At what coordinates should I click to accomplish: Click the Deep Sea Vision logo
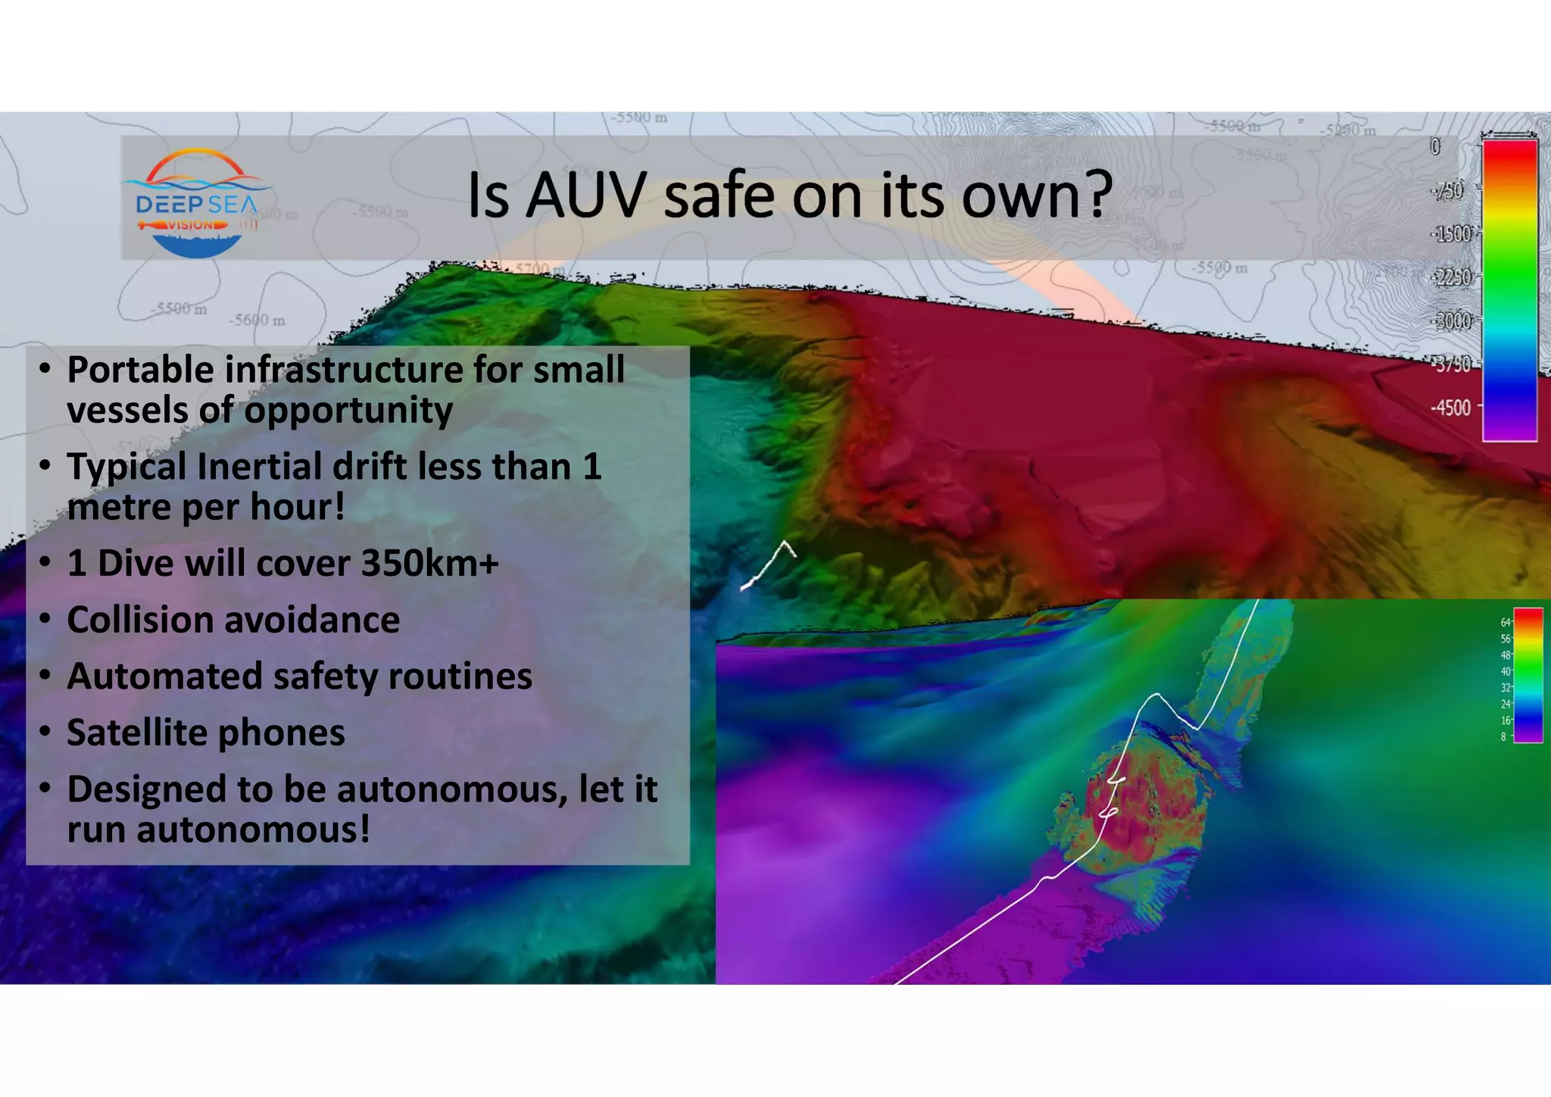[x=196, y=203]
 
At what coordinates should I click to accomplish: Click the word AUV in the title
[x=585, y=195]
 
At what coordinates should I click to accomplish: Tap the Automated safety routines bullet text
[x=299, y=677]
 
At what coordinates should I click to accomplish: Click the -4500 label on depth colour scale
[x=1450, y=408]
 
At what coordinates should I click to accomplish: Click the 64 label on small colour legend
[x=1505, y=623]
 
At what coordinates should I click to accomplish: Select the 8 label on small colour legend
[x=1503, y=736]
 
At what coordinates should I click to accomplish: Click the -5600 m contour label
[x=257, y=320]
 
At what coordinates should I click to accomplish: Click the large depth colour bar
[x=1509, y=289]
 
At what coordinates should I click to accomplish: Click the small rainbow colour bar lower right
[x=1528, y=675]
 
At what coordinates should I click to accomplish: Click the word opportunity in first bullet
[x=348, y=411]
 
